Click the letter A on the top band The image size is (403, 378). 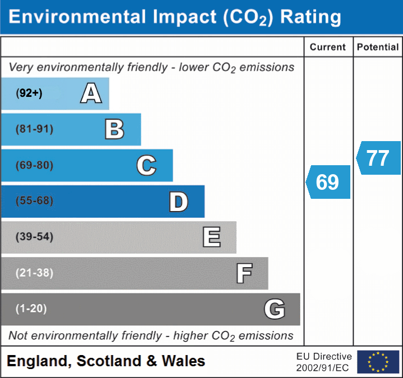coord(91,94)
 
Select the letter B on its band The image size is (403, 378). coord(114,129)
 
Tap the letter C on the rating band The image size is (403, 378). coord(146,165)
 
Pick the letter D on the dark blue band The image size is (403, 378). coord(178,202)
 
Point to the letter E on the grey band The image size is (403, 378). coord(211,237)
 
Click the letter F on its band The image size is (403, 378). coord(244,273)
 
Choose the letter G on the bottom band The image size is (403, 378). coord(275,309)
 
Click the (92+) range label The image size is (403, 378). coord(29,94)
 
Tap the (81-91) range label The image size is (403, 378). coord(35,129)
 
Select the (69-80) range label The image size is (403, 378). coord(35,165)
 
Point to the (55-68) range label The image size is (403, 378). coord(35,201)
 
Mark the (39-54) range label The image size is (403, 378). coord(35,237)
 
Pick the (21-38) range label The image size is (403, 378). coord(35,273)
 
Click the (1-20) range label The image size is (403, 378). coord(31,309)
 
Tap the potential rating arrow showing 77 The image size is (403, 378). coord(378,158)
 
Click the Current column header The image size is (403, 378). coord(328,48)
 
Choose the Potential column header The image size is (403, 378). coord(378,48)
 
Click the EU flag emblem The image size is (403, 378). coord(378,362)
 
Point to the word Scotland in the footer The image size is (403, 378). coord(107,361)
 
